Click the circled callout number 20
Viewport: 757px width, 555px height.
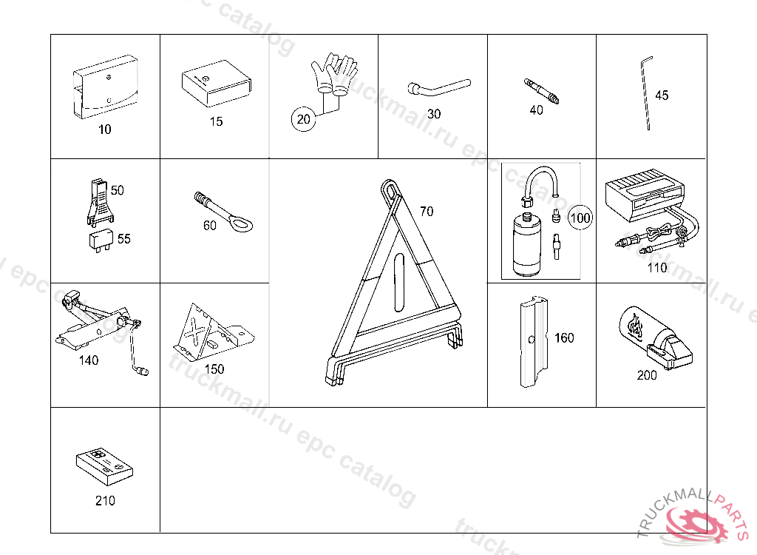[x=304, y=119]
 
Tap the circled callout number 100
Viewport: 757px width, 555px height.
[x=580, y=218]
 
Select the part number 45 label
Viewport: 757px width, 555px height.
[x=662, y=95]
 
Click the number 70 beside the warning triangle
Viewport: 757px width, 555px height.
[x=427, y=211]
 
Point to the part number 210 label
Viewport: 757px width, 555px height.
[x=105, y=500]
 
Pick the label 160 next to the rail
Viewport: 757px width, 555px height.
[x=564, y=337]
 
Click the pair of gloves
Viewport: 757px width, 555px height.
[x=333, y=73]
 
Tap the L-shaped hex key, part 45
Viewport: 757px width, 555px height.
[x=646, y=93]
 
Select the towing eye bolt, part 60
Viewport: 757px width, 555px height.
[x=223, y=212]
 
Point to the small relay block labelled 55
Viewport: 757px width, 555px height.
[x=101, y=240]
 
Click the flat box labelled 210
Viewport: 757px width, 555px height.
[x=104, y=466]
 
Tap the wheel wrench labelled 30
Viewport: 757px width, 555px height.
[x=438, y=88]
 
